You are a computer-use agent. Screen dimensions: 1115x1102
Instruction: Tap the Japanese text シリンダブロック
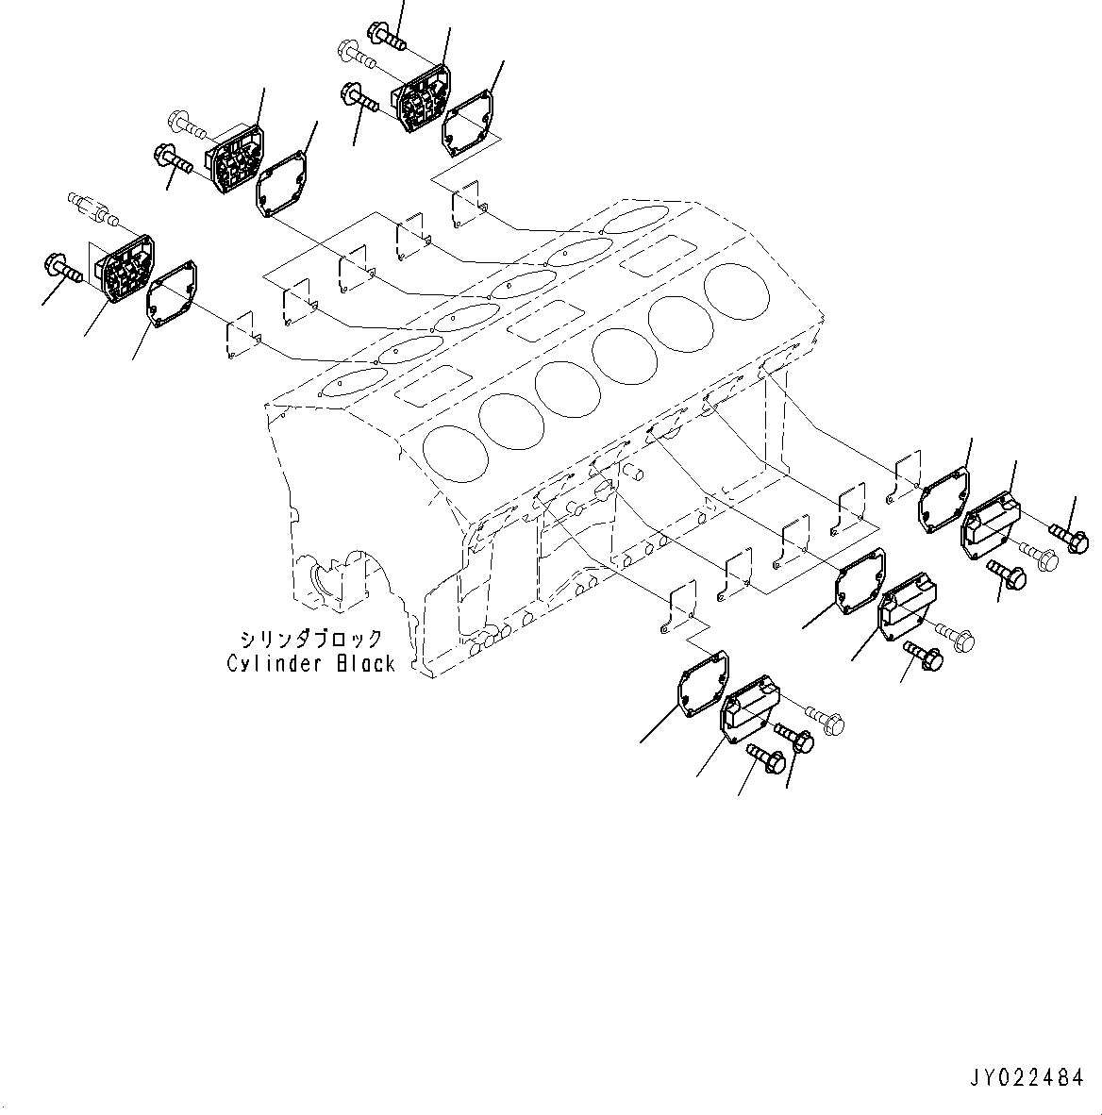coord(310,639)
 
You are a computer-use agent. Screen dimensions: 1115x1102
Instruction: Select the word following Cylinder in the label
coord(365,664)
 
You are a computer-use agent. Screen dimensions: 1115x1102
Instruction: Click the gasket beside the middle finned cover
coord(282,181)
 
